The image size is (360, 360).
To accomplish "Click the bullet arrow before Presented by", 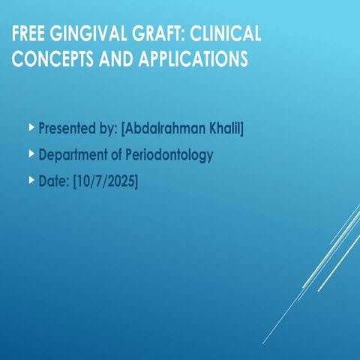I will pos(31,127).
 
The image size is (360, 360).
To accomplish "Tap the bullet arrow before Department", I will pos(31,154).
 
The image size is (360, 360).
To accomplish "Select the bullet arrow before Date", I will pos(31,180).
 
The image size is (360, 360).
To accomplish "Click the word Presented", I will pos(67,128).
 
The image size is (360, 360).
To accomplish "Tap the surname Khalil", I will pos(225,128).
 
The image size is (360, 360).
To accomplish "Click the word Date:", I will pos(53,181).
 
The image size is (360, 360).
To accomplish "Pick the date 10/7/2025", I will pos(105,181).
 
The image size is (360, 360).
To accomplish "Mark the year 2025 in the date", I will pos(120,181).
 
